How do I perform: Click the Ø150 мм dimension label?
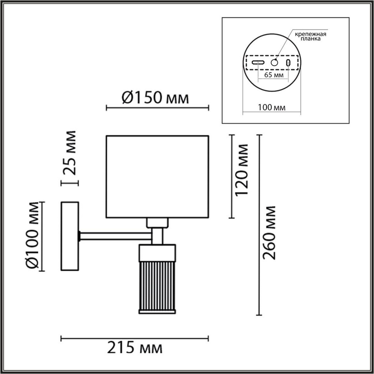point(155,98)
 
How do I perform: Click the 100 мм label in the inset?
point(272,108)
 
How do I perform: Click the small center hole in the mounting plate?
point(274,62)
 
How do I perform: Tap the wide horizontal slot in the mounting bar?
point(258,62)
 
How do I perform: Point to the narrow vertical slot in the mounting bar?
point(288,63)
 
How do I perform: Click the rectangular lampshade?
point(157,176)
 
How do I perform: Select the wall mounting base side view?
point(70,236)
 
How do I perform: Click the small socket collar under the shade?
point(157,223)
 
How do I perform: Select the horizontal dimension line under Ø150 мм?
point(157,108)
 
